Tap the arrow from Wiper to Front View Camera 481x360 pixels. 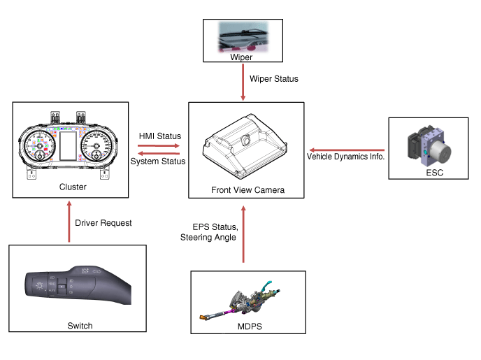pyautogui.click(x=242, y=81)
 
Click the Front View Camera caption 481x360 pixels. pyautogui.click(x=247, y=189)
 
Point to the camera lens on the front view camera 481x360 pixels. pyautogui.click(x=246, y=140)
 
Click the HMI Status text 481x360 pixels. pyautogui.click(x=160, y=136)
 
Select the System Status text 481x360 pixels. pyautogui.click(x=159, y=161)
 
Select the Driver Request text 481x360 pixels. pyautogui.click(x=103, y=223)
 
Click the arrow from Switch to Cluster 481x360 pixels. pyautogui.click(x=69, y=222)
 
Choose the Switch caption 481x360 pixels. pyautogui.click(x=80, y=325)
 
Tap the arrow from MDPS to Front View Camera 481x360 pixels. pyautogui.click(x=243, y=233)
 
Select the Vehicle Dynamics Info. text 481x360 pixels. pyautogui.click(x=346, y=157)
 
